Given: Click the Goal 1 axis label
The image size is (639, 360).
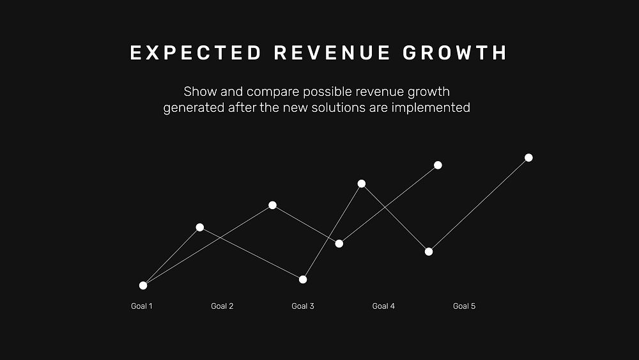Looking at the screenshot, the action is point(141,306).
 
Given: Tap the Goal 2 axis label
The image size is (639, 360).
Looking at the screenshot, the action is point(222,306).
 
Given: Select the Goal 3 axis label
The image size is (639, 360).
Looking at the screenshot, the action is point(303,306).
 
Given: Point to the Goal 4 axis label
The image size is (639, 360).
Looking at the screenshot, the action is point(383,306).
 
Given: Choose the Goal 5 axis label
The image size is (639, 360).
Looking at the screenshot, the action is point(464,306).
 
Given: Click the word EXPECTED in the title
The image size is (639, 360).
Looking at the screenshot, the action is point(196,53).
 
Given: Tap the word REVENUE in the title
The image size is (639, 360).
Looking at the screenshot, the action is point(332,53).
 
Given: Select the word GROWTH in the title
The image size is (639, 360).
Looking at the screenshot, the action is point(455,53).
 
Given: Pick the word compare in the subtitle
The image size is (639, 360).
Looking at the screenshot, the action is point(273,93).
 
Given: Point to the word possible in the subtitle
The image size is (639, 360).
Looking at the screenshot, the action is point(327,93).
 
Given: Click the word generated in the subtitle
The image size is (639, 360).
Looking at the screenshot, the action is point(194,109).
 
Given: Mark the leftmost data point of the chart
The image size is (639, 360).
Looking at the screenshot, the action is point(143,285).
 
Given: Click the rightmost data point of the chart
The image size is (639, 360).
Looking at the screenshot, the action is point(528,158).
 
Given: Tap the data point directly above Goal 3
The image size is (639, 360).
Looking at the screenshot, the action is point(303,279).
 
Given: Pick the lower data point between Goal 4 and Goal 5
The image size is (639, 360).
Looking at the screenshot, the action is point(429,251).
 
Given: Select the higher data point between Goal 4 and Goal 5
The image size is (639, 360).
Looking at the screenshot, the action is point(438,165).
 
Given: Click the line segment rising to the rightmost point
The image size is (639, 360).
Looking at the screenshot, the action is point(479,205).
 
